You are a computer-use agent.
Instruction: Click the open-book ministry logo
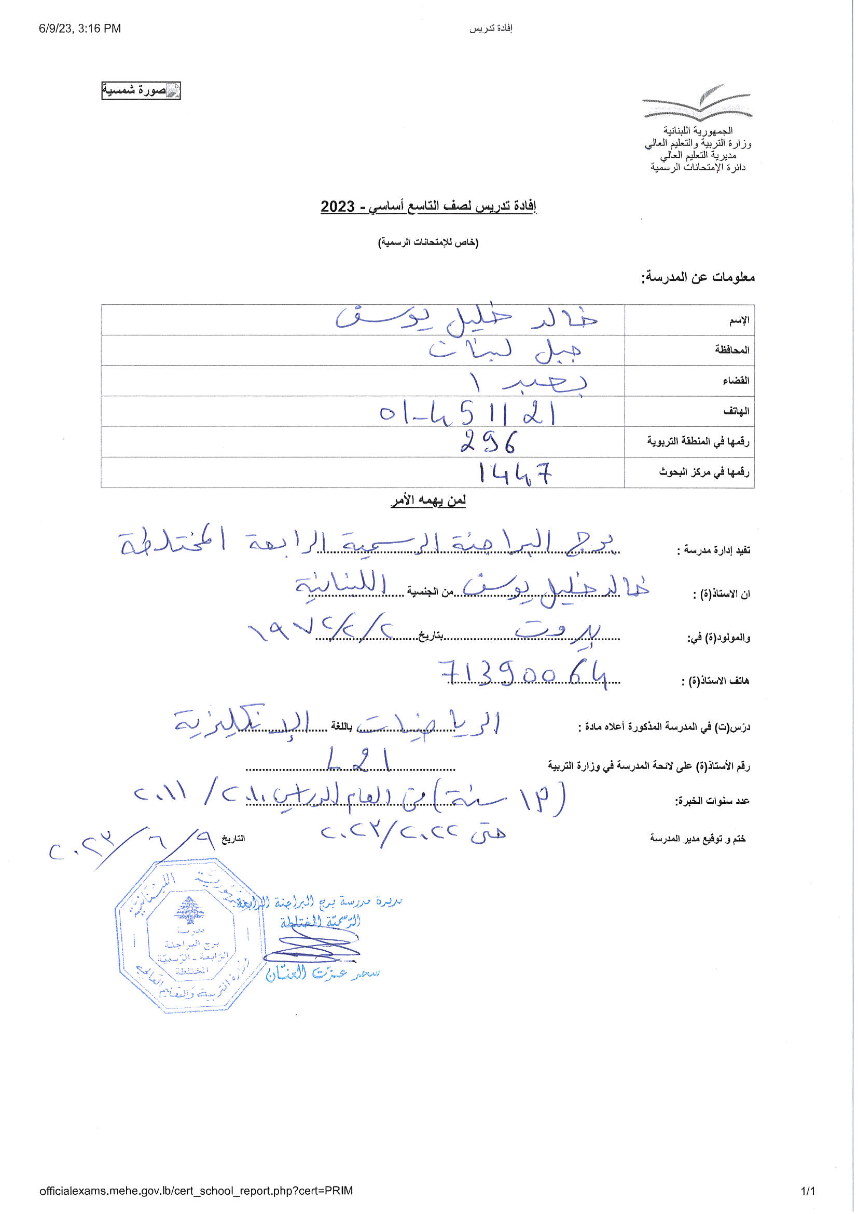point(697,103)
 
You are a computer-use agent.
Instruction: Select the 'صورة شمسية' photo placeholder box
point(141,91)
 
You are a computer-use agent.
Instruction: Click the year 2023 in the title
point(338,206)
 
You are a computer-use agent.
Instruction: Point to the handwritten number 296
point(489,442)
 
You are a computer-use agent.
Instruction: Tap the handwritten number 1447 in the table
point(515,473)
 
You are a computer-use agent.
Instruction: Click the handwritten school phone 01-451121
point(467,413)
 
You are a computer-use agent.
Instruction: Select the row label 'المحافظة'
point(732,350)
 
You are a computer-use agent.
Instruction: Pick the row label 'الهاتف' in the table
point(736,411)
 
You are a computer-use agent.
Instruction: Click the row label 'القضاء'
point(736,381)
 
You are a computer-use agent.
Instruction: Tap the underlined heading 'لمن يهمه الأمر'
point(428,500)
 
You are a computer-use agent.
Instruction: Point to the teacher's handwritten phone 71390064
point(523,675)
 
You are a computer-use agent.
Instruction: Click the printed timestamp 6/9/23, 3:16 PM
point(80,29)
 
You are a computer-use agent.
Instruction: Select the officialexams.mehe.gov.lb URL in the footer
point(196,1190)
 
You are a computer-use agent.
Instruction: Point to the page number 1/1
point(808,1191)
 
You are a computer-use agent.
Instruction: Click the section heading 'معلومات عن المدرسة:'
point(698,277)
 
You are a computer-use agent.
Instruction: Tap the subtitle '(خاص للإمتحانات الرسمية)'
point(428,242)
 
